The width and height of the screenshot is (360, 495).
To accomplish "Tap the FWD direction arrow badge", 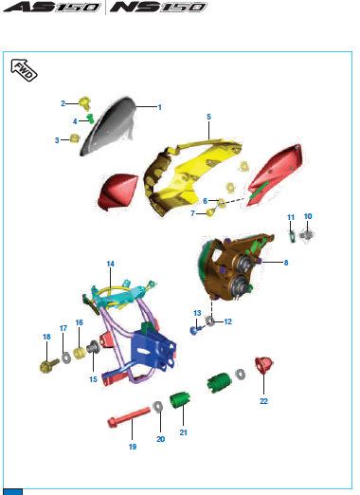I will point(23,67).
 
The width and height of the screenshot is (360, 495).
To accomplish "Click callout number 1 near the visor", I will point(159,107).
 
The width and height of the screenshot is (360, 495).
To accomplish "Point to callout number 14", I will point(110,263).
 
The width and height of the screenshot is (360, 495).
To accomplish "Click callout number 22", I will point(264,401).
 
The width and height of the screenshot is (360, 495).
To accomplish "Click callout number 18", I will point(45,337).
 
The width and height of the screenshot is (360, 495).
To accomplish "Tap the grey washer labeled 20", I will point(156,407).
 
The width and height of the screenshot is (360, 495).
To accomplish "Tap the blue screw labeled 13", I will point(194,330).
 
